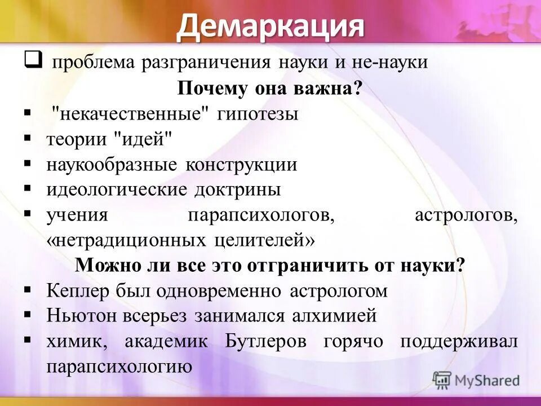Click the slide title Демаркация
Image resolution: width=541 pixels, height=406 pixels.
point(270,27)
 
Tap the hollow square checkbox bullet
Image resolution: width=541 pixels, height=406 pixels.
point(32,59)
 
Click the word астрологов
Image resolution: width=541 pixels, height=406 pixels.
point(465,215)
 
